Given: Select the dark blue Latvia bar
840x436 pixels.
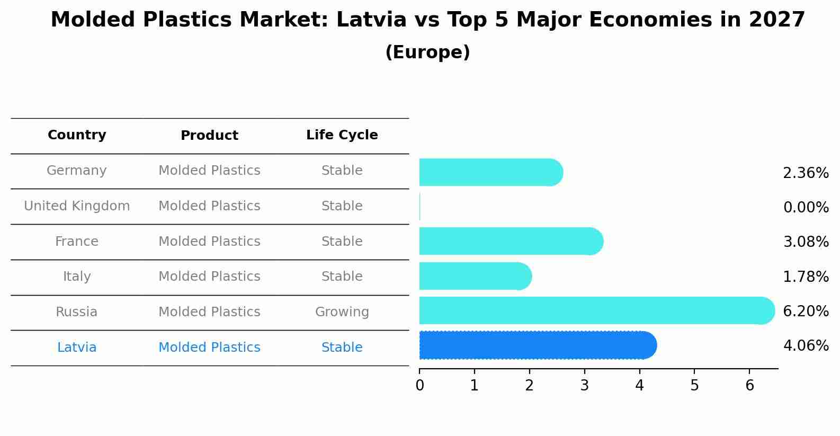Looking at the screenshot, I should [535, 345].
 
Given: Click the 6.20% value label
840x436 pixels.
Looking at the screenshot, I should [806, 311].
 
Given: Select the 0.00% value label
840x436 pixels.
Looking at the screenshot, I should [806, 207].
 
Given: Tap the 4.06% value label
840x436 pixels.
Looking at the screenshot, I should [806, 346].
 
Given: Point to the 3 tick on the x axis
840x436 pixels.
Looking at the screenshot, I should [584, 385].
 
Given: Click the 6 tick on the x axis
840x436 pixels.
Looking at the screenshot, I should [749, 385].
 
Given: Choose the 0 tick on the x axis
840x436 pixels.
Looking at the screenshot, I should [419, 385].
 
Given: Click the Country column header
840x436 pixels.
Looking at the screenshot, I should [77, 135].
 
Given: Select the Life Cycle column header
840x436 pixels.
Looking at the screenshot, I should [342, 135].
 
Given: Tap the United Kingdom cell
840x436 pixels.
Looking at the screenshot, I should [77, 206].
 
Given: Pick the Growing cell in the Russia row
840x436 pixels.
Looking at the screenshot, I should [342, 312].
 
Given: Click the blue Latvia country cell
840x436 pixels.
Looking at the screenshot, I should [77, 348].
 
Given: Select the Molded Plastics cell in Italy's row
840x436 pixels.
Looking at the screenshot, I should [209, 277].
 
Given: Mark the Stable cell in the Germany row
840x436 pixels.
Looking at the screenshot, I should [342, 171].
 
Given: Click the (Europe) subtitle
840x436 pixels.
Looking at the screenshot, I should [427, 52].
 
